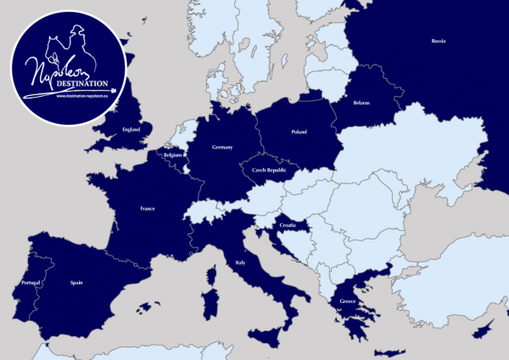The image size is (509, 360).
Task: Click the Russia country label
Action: (x=438, y=41)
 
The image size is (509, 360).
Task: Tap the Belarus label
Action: (x=361, y=103)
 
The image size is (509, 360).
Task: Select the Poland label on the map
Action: (x=299, y=132)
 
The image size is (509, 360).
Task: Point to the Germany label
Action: (x=221, y=147)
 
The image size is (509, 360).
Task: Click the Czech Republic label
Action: (x=270, y=170)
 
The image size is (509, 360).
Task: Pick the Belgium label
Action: (x=174, y=156)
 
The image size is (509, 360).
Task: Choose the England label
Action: (x=131, y=129)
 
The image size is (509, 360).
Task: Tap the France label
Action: (x=148, y=208)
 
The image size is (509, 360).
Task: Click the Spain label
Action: (x=76, y=283)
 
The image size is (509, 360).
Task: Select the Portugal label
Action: (x=29, y=283)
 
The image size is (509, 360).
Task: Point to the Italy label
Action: (x=241, y=264)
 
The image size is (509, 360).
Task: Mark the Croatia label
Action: (x=285, y=227)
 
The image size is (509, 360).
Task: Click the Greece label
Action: (x=344, y=301)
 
